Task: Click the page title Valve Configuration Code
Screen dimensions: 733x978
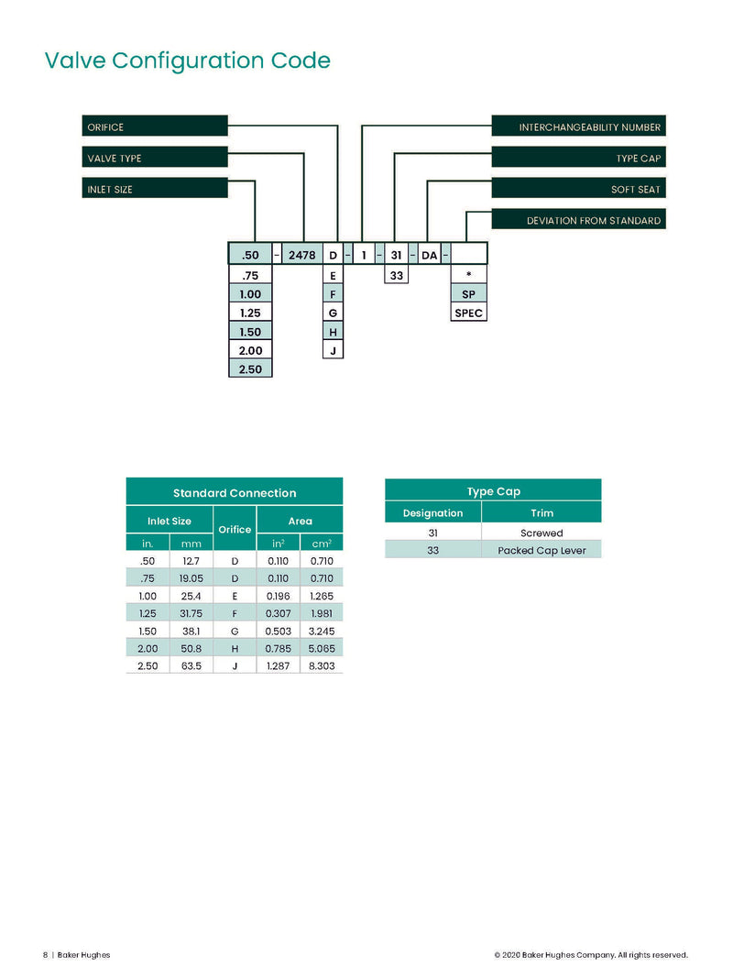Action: point(188,60)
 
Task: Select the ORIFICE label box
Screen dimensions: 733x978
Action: point(155,126)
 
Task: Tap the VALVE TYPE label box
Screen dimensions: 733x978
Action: point(155,157)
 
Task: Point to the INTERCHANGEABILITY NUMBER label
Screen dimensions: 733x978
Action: point(578,126)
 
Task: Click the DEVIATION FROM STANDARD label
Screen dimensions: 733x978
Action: point(578,219)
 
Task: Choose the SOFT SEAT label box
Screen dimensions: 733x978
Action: point(578,188)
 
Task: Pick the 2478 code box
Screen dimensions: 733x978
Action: point(302,255)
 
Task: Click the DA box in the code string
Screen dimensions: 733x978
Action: point(430,255)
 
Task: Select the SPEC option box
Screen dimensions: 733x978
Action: point(469,313)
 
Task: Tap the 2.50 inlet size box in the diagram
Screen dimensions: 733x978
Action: point(250,368)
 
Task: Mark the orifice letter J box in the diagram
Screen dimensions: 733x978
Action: point(333,350)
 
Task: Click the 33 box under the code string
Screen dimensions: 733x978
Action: point(397,274)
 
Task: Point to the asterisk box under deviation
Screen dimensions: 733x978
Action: point(469,274)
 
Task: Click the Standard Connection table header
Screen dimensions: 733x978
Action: point(235,492)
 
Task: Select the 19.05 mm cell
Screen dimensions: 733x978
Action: point(191,578)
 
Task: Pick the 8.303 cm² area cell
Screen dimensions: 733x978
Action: point(322,665)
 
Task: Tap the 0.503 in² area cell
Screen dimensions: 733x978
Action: point(278,631)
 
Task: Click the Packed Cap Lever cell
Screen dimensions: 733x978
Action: point(542,550)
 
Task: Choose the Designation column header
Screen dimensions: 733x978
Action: point(432,512)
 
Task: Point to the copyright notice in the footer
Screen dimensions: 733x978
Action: point(591,954)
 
